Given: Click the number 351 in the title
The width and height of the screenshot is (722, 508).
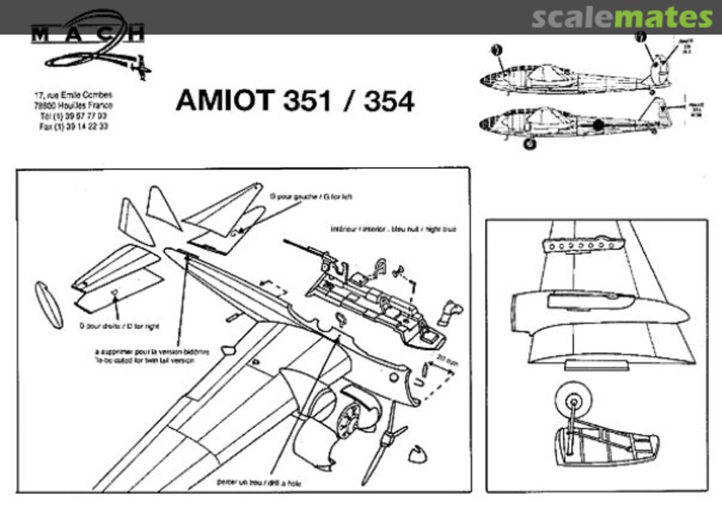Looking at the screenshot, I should [308, 101].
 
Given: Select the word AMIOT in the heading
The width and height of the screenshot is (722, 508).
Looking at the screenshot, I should [224, 101].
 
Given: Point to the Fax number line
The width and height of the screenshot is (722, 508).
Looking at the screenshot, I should [74, 126].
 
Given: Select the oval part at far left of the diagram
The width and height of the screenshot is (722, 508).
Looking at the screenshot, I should [49, 304].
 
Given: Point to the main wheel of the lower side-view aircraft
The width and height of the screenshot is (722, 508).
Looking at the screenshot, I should [529, 142].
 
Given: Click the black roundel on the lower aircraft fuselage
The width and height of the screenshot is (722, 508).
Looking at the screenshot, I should [598, 125].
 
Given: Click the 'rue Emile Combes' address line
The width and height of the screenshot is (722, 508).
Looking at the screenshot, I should [74, 96].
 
